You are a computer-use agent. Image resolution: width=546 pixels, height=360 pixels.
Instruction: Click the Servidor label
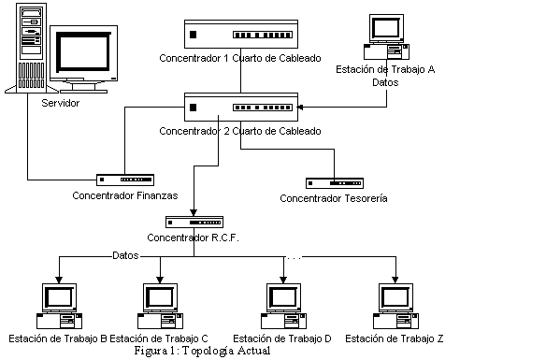coord(60,103)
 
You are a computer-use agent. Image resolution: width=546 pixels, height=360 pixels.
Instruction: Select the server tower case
coord(32,49)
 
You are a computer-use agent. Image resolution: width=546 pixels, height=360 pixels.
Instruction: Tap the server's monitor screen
coord(83,51)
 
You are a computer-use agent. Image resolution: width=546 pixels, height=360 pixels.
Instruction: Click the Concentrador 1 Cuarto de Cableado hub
coord(241,34)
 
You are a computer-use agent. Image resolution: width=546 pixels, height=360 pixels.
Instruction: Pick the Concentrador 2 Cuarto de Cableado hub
coord(241,108)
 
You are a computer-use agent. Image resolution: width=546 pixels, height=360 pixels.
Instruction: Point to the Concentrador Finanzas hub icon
coord(125,180)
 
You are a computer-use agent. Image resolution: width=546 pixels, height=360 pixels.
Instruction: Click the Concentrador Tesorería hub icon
coord(335,183)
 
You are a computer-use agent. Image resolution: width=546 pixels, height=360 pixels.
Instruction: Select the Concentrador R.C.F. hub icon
coord(194,223)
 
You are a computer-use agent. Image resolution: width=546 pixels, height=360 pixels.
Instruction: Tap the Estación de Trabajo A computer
coord(386,36)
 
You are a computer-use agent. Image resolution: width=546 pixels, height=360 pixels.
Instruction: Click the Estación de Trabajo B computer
coord(59,307)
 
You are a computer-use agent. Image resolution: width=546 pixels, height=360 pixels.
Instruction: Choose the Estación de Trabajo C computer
coord(160,307)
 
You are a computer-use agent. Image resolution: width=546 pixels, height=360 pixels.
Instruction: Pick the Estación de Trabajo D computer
coord(283,307)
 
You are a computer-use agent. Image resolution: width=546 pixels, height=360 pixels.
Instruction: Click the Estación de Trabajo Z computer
coord(395,307)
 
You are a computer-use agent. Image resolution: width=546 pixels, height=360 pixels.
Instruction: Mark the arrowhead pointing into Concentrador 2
coord(300,108)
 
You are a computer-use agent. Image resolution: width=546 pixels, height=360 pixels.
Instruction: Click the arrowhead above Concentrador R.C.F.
coord(194,213)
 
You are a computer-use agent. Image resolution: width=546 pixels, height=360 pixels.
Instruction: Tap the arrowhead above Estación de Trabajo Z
coord(395,280)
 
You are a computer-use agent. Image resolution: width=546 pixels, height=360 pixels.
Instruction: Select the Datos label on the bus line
coord(125,255)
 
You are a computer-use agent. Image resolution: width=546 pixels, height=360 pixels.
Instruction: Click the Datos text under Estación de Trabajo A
coord(385,82)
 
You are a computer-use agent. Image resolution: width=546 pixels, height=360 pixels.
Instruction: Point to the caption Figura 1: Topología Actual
coord(202,351)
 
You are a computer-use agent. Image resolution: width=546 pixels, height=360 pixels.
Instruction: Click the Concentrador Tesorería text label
coord(334,198)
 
